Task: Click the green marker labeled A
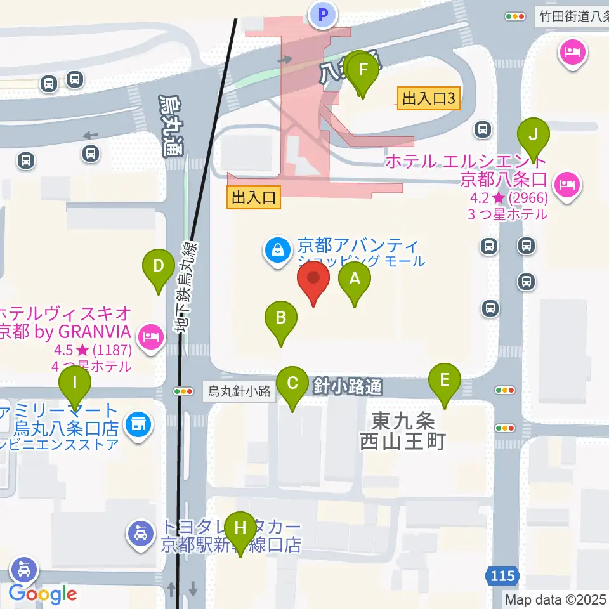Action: click(355, 280)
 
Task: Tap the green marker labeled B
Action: click(281, 318)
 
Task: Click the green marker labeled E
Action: click(444, 381)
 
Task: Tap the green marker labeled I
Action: click(75, 384)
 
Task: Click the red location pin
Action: click(313, 279)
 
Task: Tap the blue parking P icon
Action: click(324, 14)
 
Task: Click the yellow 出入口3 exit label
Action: click(429, 98)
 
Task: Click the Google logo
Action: click(43, 594)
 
